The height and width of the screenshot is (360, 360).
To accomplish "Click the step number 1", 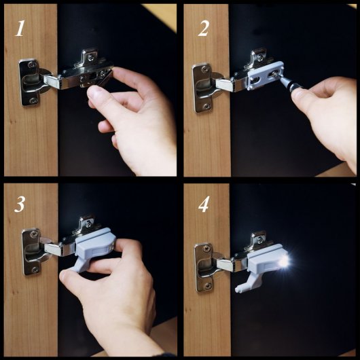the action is pos(20,29).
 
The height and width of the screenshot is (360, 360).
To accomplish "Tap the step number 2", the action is pos(204,29).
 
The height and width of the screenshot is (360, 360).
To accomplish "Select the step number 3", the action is pos(20,204).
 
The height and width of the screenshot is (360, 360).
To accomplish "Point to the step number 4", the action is pos(204,204).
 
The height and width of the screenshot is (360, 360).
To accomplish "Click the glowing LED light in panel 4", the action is pos(284,262).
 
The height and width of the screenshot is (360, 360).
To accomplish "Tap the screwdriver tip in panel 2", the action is pos(274,74).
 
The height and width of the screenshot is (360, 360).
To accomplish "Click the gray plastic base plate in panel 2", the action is pos(266,75).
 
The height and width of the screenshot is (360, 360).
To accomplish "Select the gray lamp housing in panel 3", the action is pos(95,245).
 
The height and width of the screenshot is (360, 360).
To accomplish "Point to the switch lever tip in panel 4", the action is pos(238,290).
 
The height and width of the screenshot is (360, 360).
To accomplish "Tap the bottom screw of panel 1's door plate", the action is pos(33,101).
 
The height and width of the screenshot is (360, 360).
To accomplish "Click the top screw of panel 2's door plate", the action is pos(204,69).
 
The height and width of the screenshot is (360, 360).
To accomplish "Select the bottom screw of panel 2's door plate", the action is pos(206,106).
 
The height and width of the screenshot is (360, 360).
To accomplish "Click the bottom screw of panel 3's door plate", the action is pos(35,269).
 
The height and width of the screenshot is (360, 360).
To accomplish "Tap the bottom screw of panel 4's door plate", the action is pos(208,286).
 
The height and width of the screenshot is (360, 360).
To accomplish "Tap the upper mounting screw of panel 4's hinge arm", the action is pos(260,240).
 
